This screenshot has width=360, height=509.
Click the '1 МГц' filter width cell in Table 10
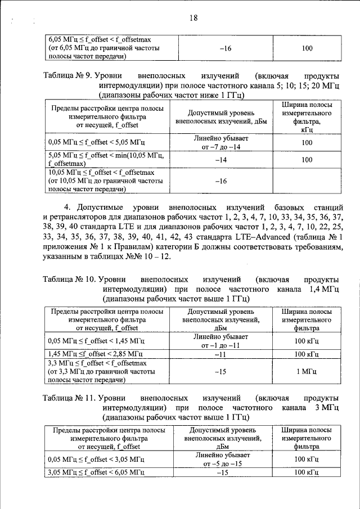(x=307, y=372)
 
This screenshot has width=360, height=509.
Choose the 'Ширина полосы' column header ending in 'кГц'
(x=307, y=117)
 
